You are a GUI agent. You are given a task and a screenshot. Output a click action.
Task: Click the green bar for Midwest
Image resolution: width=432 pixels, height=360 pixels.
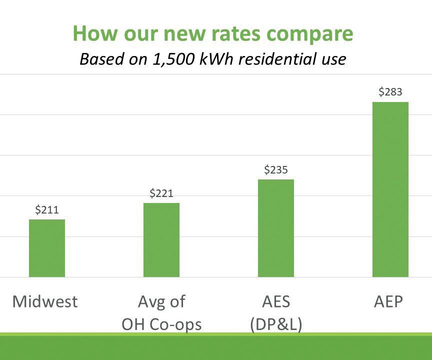47,248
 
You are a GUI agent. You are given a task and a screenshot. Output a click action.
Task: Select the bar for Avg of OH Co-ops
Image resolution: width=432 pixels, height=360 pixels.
161,240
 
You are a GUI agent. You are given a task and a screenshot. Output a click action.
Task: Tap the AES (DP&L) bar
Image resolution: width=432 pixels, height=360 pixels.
276,228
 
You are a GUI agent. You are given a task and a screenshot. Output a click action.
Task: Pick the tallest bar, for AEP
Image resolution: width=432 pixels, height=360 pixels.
390,189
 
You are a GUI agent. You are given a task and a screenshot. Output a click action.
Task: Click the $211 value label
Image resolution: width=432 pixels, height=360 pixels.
47,210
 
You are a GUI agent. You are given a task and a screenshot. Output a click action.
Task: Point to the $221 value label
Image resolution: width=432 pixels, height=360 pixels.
161,193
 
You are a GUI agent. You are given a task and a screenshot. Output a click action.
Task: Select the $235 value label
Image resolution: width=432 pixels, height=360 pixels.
276,170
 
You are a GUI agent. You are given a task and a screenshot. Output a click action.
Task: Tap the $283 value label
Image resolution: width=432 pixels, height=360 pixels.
390,91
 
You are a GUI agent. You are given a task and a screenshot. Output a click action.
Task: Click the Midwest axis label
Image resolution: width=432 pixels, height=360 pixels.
45,301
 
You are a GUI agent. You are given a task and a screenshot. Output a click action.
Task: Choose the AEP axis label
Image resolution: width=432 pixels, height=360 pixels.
388,301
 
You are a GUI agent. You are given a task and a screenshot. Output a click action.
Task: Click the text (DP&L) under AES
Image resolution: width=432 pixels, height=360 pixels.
276,324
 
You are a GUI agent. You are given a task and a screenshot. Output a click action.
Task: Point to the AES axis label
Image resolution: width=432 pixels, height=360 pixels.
276,301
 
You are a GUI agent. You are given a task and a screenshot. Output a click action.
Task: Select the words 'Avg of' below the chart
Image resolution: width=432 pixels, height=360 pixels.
161,302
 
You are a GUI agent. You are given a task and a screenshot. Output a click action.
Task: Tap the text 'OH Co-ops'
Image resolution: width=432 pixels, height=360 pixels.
161,324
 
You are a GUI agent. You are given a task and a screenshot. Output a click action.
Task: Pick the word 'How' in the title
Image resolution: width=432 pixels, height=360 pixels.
95,33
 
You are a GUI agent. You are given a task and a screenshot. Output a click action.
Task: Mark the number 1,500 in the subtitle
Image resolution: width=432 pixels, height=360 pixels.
173,59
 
